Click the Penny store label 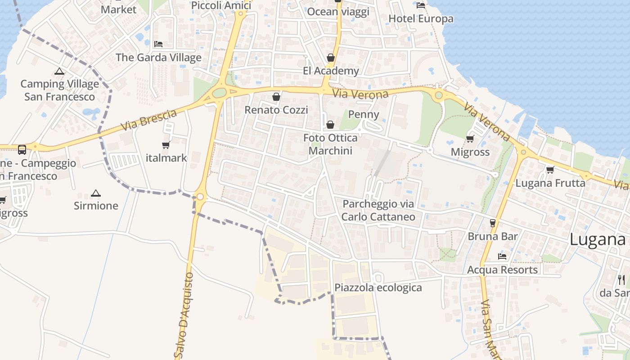point(364,114)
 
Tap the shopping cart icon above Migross point(470,139)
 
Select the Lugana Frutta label point(550,183)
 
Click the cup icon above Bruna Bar point(493,223)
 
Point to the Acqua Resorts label point(502,270)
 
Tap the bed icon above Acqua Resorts point(502,256)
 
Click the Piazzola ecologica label point(378,288)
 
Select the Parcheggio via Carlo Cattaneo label point(378,210)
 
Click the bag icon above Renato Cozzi point(276,97)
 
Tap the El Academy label point(331,71)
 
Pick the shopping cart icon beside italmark point(166,145)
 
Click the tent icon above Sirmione point(95,193)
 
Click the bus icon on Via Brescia point(22,150)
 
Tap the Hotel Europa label point(421,19)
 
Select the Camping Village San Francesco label point(59,90)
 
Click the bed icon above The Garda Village point(158,44)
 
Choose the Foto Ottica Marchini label point(330,144)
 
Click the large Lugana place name point(597,239)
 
